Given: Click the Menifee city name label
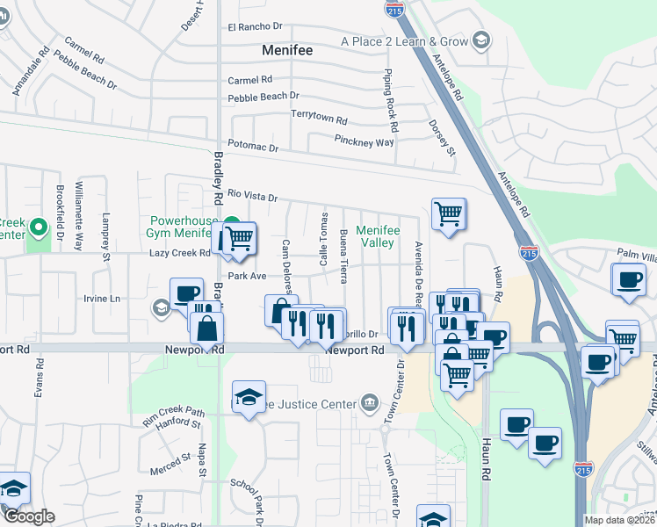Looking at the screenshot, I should (288, 50).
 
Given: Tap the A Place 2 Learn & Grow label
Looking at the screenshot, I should (405, 40).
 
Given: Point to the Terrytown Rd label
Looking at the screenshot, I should (319, 115).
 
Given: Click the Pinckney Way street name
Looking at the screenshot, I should (364, 141).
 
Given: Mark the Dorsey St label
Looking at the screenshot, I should (443, 139).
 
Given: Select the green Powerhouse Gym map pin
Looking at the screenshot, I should (232, 222).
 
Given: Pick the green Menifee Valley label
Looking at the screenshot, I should (381, 236).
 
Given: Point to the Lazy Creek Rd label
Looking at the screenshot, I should (179, 253).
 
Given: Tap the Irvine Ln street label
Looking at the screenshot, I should (102, 299).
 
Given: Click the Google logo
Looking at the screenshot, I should (29, 516).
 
